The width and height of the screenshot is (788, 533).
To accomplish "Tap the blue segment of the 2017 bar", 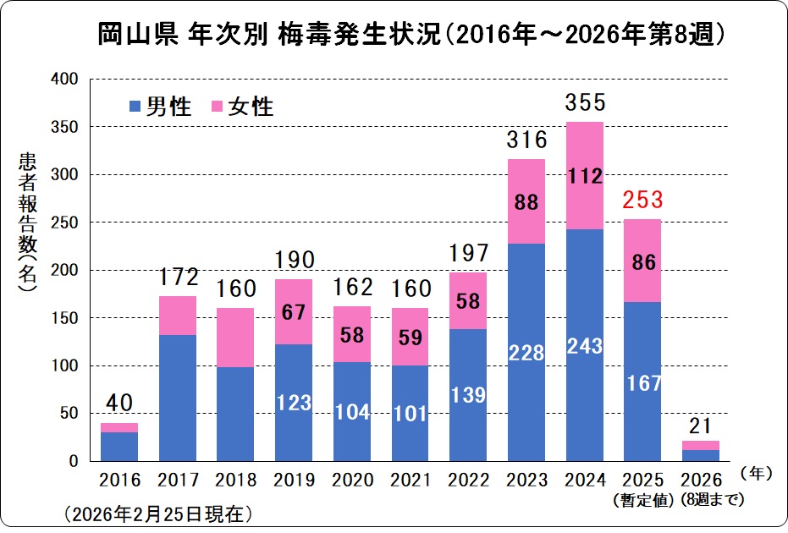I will (x=178, y=398).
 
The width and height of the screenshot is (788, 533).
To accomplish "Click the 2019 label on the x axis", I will (x=295, y=481).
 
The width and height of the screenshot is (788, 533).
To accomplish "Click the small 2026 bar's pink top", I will (x=701, y=445).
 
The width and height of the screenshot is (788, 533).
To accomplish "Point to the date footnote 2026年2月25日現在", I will (x=157, y=514).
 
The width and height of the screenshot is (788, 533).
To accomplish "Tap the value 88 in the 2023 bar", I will (x=526, y=205).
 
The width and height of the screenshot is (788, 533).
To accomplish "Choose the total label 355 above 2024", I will (x=585, y=102).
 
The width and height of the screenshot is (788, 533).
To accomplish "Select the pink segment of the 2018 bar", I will (x=236, y=337).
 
